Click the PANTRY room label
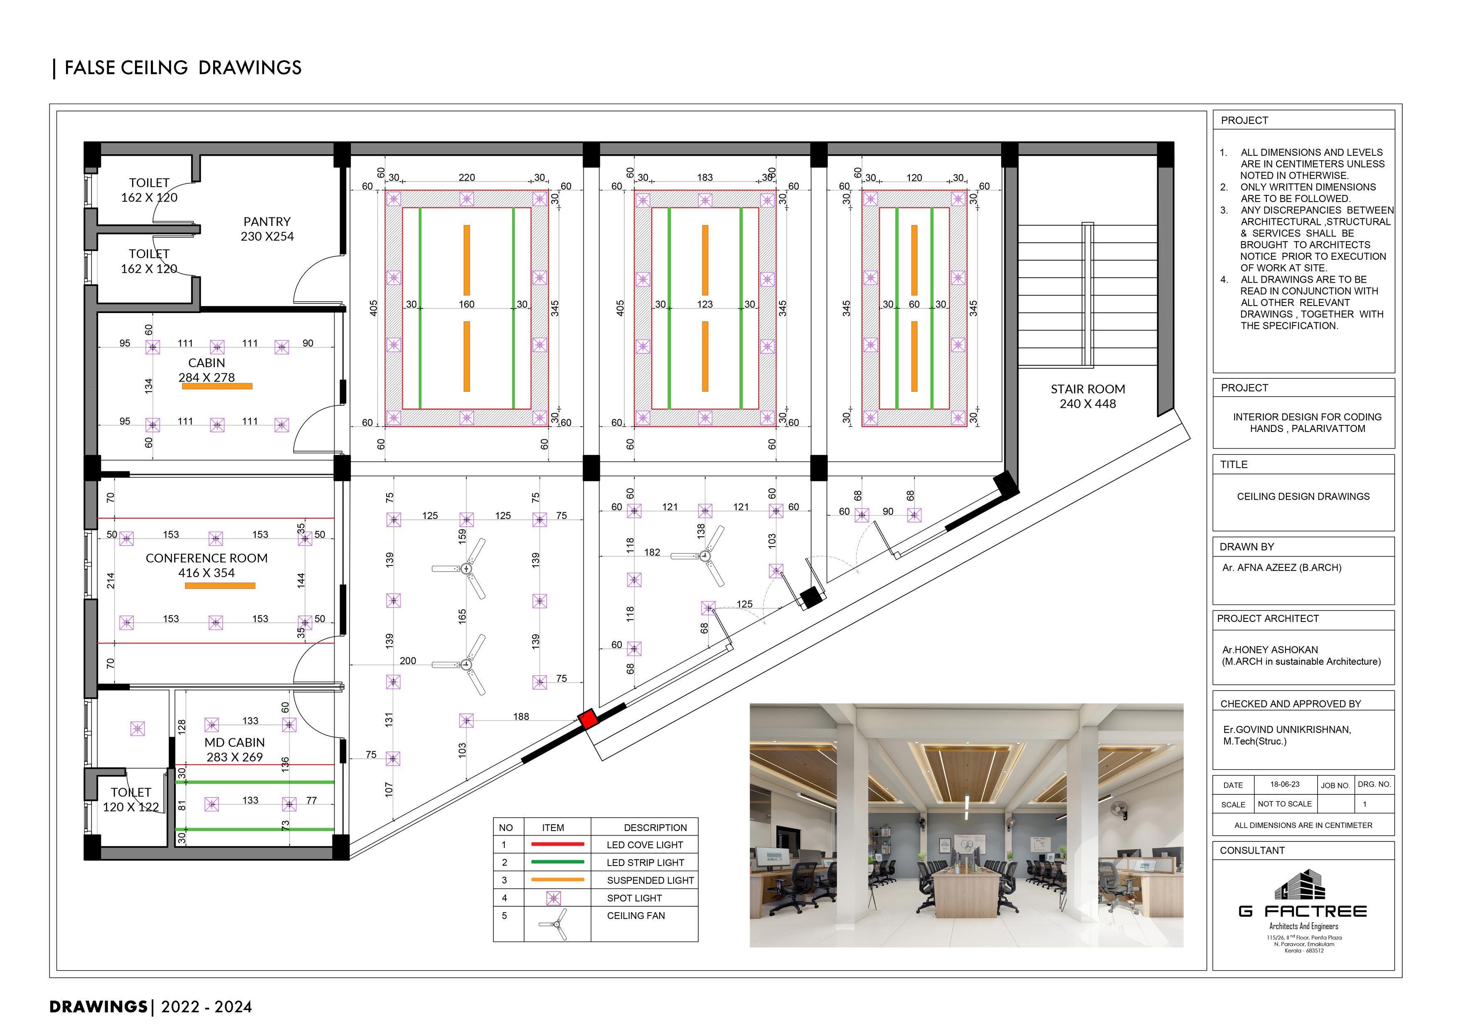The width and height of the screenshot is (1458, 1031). (267, 229)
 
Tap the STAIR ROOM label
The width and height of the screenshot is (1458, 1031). (1087, 396)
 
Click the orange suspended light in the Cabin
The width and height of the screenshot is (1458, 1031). (217, 386)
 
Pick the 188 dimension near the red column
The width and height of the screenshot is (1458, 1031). (521, 717)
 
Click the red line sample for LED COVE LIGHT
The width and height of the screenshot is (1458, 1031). (557, 844)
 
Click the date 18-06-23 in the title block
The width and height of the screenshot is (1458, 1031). (1285, 784)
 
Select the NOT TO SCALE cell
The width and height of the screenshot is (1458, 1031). (1285, 804)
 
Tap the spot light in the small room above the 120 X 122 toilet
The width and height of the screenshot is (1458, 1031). (137, 729)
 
